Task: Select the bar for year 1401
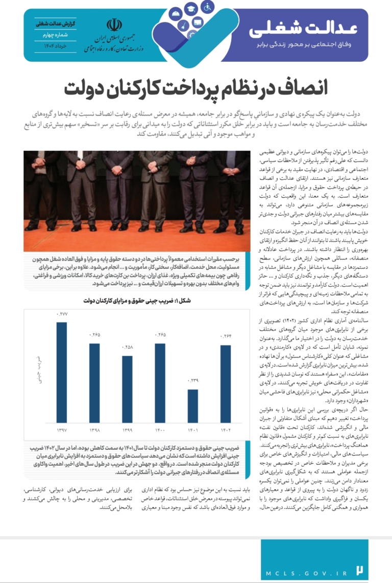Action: click(x=192, y=406)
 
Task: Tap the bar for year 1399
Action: click(x=127, y=389)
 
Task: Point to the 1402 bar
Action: click(x=225, y=384)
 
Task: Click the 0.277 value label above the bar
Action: click(x=62, y=313)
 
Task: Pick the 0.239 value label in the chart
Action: click(x=192, y=381)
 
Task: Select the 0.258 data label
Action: click(x=127, y=347)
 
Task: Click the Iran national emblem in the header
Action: click(x=113, y=26)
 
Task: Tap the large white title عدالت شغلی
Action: click(x=305, y=29)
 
